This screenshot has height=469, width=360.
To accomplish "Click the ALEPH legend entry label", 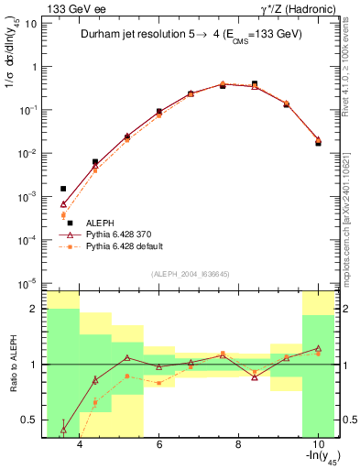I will [100, 223].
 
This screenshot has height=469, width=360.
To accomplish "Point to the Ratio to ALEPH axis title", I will [13, 364].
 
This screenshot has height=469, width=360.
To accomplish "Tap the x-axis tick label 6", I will [158, 444].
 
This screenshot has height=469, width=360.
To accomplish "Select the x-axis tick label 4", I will [80, 444].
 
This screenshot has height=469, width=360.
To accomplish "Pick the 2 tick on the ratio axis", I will [34, 309].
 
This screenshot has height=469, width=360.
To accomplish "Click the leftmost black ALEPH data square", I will [64, 189].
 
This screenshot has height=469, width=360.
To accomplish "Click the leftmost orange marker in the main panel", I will [64, 215].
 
